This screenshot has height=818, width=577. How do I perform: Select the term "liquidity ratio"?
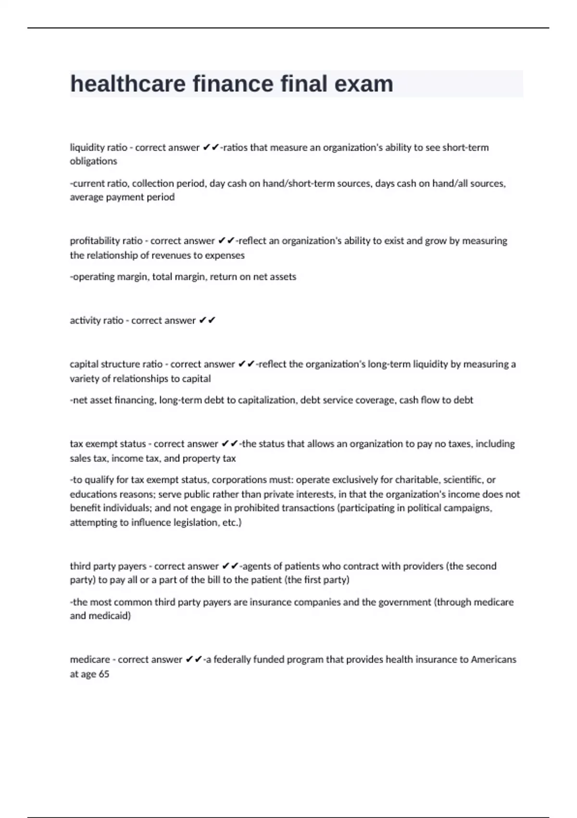pyautogui.click(x=99, y=148)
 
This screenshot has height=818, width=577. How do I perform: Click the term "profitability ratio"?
pyautogui.click(x=106, y=241)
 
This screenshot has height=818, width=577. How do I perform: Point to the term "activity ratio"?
pyautogui.click(x=96, y=320)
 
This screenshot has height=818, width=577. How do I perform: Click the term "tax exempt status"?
pyautogui.click(x=108, y=444)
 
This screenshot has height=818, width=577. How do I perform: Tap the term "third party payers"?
pyautogui.click(x=108, y=566)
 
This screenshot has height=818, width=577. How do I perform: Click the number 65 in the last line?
pyautogui.click(x=104, y=674)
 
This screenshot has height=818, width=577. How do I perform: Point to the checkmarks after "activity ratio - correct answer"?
pyautogui.click(x=207, y=320)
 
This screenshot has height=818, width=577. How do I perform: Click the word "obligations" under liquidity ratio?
pyautogui.click(x=93, y=161)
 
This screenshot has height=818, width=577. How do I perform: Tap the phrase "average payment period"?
pyautogui.click(x=122, y=197)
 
